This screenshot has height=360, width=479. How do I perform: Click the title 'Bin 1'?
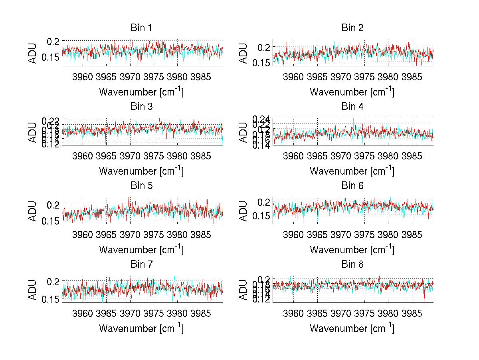coord(141,28)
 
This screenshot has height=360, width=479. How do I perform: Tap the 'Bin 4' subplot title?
coord(352,107)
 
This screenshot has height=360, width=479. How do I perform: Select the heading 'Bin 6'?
coord(352,186)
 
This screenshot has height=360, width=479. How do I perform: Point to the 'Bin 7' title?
coord(141,265)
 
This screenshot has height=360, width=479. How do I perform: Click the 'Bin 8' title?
coord(352,265)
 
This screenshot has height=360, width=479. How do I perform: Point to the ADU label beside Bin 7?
coord(33,289)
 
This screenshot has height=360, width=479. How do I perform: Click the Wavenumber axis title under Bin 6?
coord(352,250)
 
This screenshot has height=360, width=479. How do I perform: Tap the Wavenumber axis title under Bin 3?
coord(141,171)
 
